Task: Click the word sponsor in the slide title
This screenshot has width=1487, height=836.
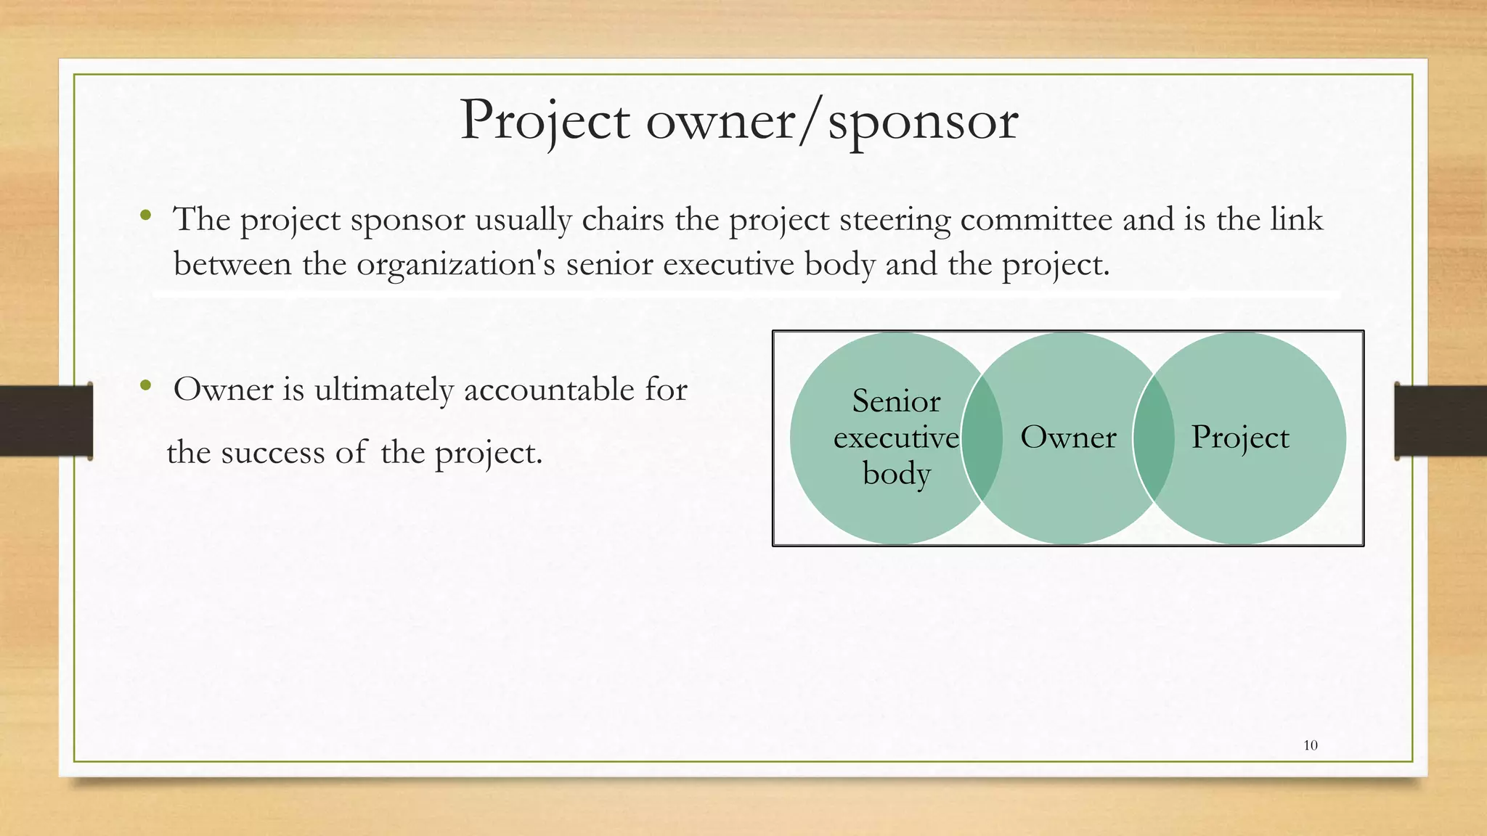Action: [x=923, y=122]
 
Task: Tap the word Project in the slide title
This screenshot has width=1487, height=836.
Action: [x=545, y=120]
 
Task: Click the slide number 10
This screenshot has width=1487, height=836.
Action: [x=1311, y=745]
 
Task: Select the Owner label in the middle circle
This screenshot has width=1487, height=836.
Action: [x=1068, y=438]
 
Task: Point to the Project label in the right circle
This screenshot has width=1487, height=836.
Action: [x=1240, y=438]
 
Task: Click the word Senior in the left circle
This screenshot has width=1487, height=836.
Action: [x=896, y=401]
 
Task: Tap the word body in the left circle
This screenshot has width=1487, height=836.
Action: [x=897, y=474]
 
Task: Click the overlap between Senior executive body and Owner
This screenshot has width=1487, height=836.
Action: [x=982, y=438]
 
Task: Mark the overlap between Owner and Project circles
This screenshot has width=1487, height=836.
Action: [x=1154, y=438]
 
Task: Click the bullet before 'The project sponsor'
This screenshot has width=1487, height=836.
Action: [x=146, y=215]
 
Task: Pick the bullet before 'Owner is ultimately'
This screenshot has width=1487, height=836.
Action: [x=146, y=385]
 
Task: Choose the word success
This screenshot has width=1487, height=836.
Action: [x=273, y=453]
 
